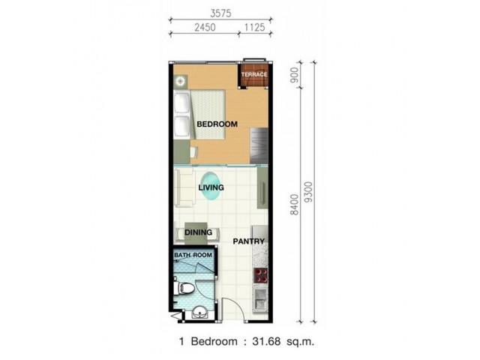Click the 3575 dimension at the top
tap(220, 13)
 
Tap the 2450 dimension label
tap(205, 28)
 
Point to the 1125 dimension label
tap(254, 28)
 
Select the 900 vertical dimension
tap(294, 75)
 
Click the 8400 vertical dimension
tap(294, 205)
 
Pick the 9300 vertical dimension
tap(309, 192)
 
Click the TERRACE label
tap(254, 74)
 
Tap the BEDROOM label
tap(217, 124)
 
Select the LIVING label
tap(211, 187)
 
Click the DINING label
tap(198, 232)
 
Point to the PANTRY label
tap(248, 241)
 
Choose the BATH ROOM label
tap(193, 255)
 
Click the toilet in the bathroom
tap(184, 288)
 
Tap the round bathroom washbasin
tap(200, 313)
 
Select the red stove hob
tap(261, 275)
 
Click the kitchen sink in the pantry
tap(260, 300)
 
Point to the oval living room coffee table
tap(210, 187)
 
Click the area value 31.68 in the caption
tap(266, 341)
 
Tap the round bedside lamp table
tap(181, 82)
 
